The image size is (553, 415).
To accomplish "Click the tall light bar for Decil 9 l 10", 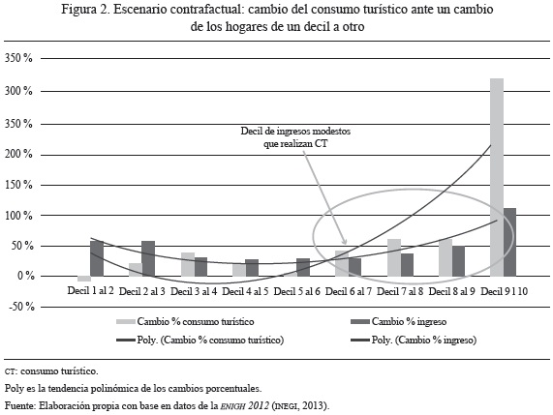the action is (497, 177).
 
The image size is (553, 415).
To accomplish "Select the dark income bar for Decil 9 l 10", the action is (509, 242).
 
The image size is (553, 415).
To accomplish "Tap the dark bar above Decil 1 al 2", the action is (97, 258).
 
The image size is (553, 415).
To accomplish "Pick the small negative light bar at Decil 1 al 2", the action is (84, 279).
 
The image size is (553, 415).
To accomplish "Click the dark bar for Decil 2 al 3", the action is (148, 258).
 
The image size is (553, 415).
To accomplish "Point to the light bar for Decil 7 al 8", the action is (394, 257).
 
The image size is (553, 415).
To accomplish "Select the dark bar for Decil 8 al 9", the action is (458, 261).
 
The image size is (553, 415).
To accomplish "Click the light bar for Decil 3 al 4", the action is (188, 264).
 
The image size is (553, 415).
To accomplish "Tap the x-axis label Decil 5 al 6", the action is (297, 292).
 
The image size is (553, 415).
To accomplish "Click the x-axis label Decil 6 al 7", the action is (349, 292).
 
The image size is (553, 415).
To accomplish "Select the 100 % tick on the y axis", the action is (19, 216).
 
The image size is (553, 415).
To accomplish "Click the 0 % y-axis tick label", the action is (26, 276).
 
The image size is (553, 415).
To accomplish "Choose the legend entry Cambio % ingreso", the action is (399, 321).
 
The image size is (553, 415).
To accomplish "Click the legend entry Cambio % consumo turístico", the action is (185, 321).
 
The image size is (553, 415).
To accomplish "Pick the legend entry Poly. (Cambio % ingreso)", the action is (414, 340).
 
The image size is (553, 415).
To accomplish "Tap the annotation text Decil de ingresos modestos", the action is (295, 131).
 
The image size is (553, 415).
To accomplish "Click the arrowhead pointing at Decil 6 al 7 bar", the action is (345, 243).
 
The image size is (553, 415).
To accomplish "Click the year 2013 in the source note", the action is (313, 405).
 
